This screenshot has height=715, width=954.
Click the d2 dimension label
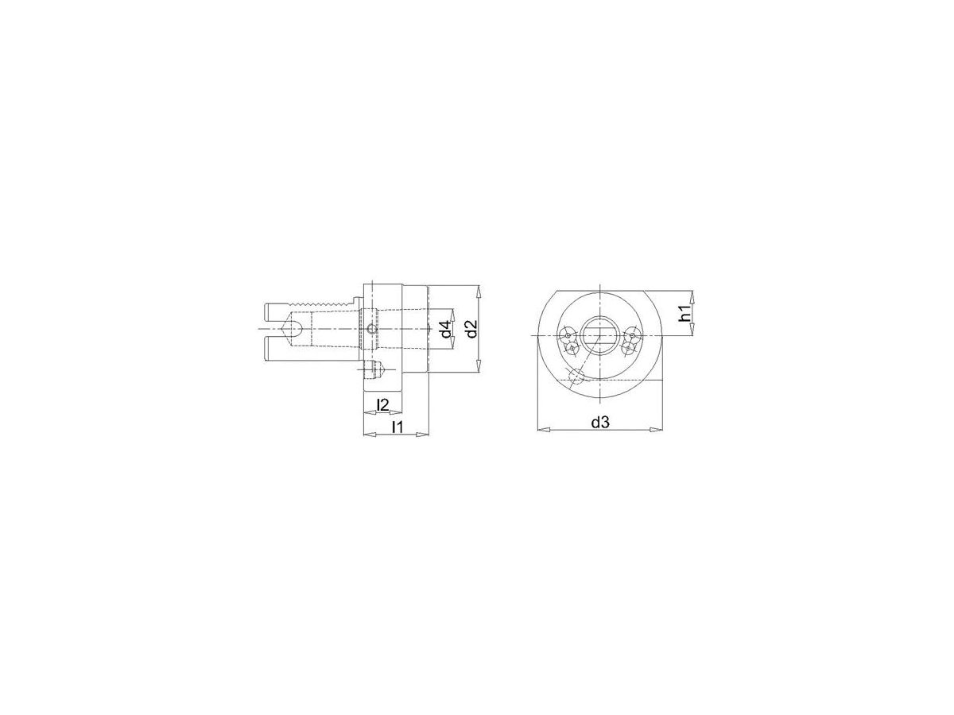click(x=470, y=328)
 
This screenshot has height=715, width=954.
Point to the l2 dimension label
click(x=382, y=405)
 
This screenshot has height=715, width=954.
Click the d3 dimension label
click(x=599, y=423)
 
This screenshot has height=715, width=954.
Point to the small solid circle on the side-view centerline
click(x=371, y=329)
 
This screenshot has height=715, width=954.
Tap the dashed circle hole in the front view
click(x=576, y=376)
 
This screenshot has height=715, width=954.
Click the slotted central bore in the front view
click(x=599, y=334)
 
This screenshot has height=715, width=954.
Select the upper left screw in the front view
click(x=567, y=335)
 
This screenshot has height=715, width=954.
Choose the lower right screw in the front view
click(x=628, y=348)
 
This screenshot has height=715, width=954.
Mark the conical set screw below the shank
click(x=379, y=369)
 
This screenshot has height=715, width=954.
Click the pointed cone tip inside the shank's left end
click(x=289, y=328)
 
